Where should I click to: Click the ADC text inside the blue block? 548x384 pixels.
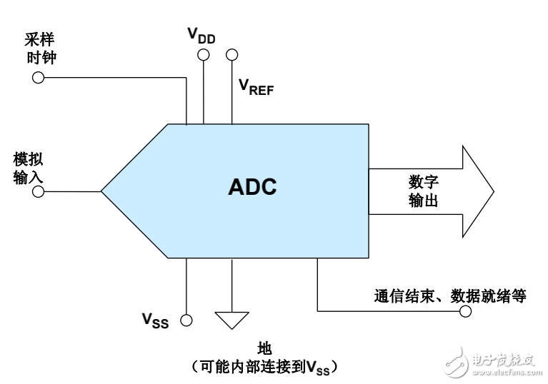click(252, 187)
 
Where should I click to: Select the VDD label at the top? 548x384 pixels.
click(201, 35)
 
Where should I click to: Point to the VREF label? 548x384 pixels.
click(255, 87)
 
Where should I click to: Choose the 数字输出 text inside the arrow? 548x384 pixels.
click(423, 191)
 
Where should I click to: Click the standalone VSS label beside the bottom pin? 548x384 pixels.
click(155, 320)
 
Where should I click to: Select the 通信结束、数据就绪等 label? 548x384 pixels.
click(450, 295)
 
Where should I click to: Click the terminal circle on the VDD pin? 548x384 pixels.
click(204, 54)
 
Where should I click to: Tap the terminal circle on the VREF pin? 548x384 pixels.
click(231, 54)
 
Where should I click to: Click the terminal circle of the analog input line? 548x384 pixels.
click(39, 192)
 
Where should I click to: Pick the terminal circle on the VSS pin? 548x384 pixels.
click(186, 320)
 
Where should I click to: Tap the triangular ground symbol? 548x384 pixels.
click(231, 320)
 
